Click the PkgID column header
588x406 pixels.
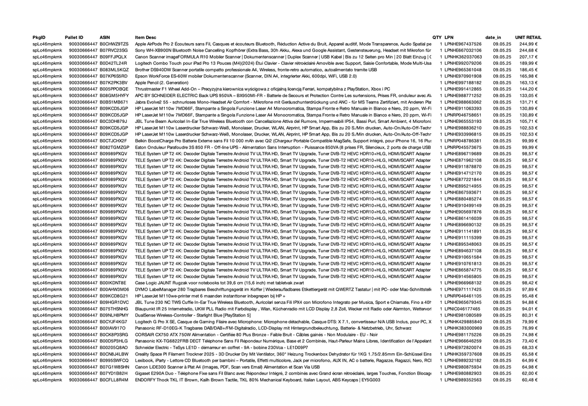[x=39, y=37]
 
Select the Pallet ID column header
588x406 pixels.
[x=74, y=37]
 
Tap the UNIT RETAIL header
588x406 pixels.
[x=528, y=37]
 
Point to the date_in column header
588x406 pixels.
[x=493, y=37]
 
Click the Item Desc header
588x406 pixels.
[x=145, y=37]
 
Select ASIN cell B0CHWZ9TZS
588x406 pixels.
[x=114, y=44]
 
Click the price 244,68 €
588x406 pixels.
[x=528, y=50]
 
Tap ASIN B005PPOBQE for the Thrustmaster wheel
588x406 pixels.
[x=114, y=89]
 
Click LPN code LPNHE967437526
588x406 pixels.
[x=463, y=44]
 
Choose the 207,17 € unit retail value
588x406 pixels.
[x=528, y=57]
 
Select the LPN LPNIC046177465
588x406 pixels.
[x=463, y=308]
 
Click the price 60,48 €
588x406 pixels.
[x=528, y=380]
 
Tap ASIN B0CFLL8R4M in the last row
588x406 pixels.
[x=114, y=380]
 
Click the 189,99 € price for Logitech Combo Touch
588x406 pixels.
[x=528, y=63]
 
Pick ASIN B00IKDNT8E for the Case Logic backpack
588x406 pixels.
[x=113, y=283]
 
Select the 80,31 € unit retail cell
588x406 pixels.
[x=528, y=315]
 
